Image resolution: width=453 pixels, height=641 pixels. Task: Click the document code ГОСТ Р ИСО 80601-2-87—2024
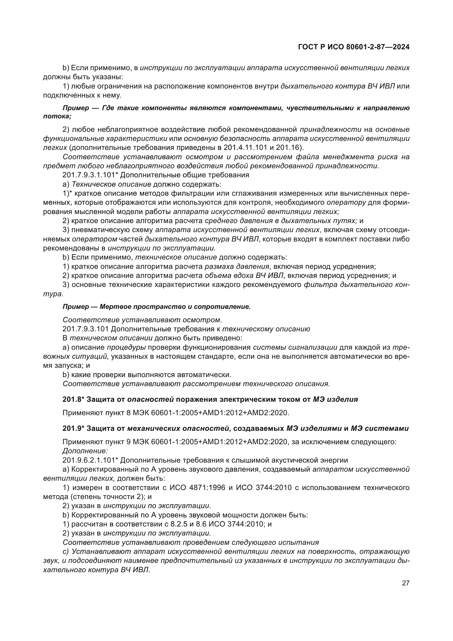pos(354,47)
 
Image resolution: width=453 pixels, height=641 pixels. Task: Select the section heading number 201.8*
pos(73,399)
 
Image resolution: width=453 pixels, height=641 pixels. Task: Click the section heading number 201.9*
pos(73,428)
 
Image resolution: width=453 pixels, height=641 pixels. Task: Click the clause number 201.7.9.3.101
pos(86,329)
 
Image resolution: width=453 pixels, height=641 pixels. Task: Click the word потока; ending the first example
pos(57,116)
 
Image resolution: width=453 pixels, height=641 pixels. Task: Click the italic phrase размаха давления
pos(237,266)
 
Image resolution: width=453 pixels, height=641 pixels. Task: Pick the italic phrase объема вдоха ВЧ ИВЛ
pos(244,275)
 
